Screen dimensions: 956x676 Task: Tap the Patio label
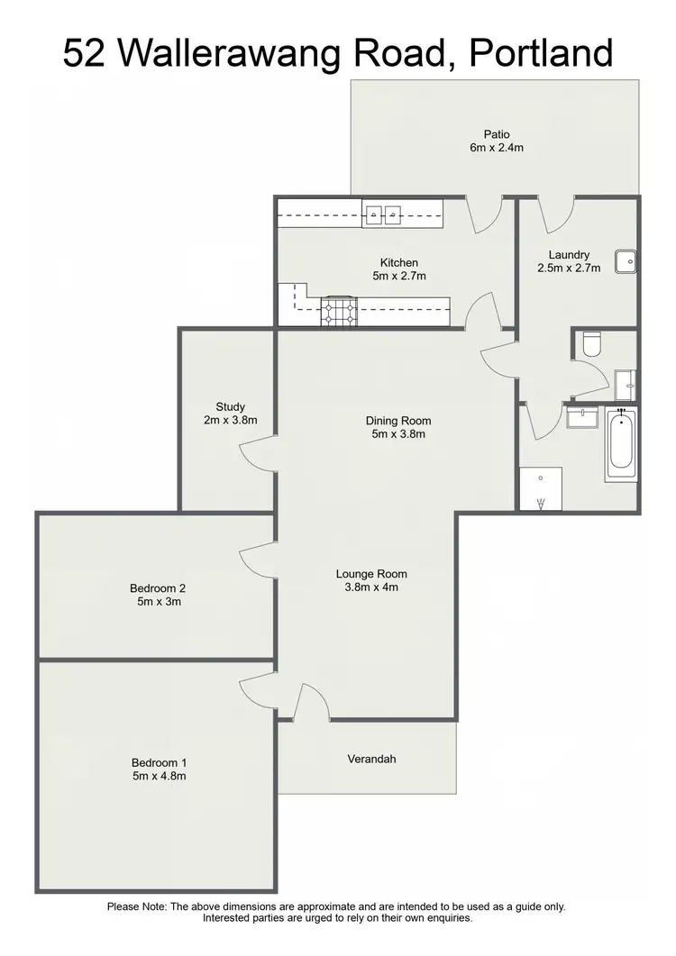496,135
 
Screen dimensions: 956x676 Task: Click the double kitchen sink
384,214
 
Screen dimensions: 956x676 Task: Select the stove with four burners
339,311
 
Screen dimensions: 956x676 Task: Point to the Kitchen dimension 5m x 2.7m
398,276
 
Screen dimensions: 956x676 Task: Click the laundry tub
626,261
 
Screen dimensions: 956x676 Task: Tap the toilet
592,344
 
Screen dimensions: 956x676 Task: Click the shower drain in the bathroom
541,478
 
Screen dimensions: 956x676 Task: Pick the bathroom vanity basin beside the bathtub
582,417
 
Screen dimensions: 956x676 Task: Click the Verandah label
371,759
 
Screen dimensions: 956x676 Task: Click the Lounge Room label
371,574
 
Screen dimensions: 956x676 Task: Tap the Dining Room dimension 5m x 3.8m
398,433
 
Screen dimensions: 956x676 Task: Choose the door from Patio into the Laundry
556,214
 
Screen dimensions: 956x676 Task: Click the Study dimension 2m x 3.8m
230,420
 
